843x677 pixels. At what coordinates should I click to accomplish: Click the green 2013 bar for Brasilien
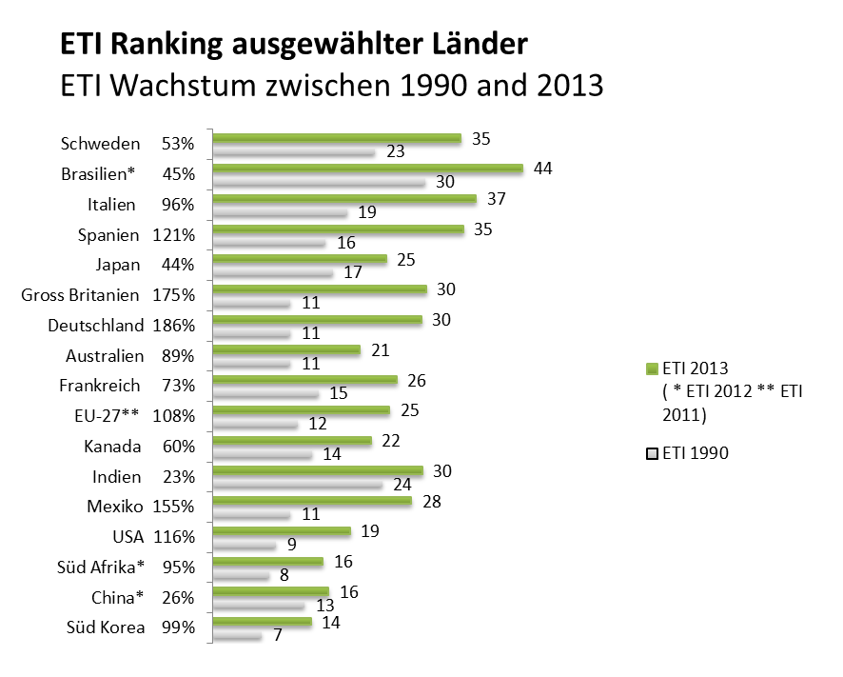coord(367,168)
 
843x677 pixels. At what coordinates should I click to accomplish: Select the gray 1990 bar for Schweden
coord(293,151)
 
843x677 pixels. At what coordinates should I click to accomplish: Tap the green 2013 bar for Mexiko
coord(311,501)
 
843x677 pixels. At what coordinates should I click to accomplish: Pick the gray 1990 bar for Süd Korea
coord(236,636)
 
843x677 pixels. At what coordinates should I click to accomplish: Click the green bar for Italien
coord(343,198)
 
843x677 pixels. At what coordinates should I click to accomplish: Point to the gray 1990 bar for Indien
coord(298,485)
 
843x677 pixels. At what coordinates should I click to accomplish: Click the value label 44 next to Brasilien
coord(543,168)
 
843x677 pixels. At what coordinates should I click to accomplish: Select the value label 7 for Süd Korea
coord(277,636)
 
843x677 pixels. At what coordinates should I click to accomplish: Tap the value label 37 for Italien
coord(496,198)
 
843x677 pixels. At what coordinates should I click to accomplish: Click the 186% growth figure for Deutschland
coord(173,326)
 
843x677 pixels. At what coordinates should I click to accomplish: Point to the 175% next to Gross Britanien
coord(173,295)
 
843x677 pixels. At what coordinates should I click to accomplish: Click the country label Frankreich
coord(99,386)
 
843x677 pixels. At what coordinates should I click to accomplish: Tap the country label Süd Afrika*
coord(102,567)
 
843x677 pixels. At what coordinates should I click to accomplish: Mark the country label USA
coord(127,537)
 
